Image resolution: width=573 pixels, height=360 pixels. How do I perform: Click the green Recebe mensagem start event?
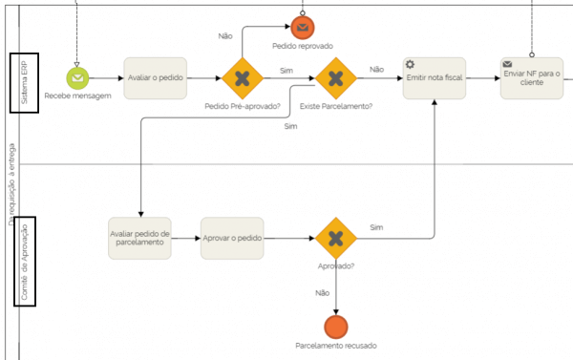pyautogui.click(x=77, y=78)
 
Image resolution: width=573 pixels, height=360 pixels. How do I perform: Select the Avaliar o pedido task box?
pyautogui.click(x=156, y=78)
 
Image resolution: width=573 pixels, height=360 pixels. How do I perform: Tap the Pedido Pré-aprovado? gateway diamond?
pyautogui.click(x=243, y=78)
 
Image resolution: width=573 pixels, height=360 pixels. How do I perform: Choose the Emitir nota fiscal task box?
pyautogui.click(x=434, y=78)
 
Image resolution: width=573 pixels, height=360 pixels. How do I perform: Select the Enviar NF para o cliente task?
pyautogui.click(x=532, y=78)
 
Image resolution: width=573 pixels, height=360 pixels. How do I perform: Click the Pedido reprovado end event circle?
pyautogui.click(x=302, y=26)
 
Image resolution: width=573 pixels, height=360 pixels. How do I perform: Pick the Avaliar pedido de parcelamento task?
pyautogui.click(x=139, y=239)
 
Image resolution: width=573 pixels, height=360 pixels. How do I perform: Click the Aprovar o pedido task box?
pyautogui.click(x=232, y=239)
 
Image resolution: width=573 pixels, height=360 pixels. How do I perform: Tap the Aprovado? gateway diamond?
pyautogui.click(x=335, y=239)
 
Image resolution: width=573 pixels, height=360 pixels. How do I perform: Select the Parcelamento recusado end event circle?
pyautogui.click(x=335, y=326)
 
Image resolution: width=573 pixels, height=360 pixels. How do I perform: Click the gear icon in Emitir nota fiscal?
pyautogui.click(x=411, y=64)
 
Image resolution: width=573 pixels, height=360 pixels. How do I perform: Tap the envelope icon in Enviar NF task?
pyautogui.click(x=508, y=64)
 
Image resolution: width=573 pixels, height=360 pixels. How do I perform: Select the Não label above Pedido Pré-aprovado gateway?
pyautogui.click(x=225, y=35)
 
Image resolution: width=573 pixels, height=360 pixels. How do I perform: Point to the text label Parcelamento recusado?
pyautogui.click(x=335, y=346)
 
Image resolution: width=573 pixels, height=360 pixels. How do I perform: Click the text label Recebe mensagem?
pyautogui.click(x=77, y=96)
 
